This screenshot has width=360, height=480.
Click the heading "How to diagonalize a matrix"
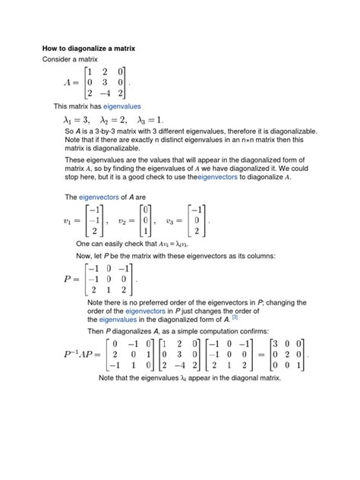tap(88, 48)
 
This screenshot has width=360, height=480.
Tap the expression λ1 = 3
tap(76, 120)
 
